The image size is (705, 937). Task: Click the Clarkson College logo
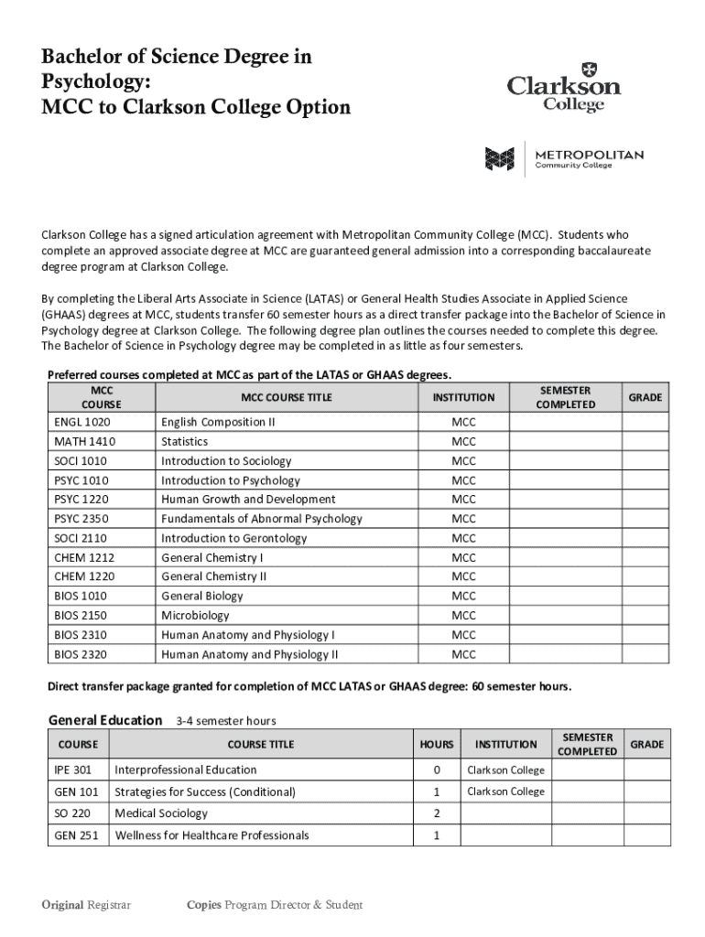click(564, 88)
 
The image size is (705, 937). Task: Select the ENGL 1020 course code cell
click(82, 422)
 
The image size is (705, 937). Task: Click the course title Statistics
click(184, 442)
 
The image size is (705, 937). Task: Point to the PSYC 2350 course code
click(81, 519)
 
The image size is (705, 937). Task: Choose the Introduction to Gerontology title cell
click(233, 538)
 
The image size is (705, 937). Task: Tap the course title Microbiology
click(195, 616)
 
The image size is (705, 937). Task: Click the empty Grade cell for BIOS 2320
click(645, 654)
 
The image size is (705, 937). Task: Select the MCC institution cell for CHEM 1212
click(463, 557)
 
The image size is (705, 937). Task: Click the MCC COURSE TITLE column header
click(286, 397)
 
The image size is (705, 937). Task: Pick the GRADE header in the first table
click(645, 397)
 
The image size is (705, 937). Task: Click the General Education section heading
click(105, 720)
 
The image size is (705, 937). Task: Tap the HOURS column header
click(437, 744)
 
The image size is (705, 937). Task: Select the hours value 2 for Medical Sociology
click(437, 813)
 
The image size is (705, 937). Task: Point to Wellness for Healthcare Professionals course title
click(211, 835)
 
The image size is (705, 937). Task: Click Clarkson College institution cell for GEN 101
click(505, 792)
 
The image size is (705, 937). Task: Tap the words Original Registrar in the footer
click(86, 905)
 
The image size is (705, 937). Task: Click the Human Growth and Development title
click(248, 500)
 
